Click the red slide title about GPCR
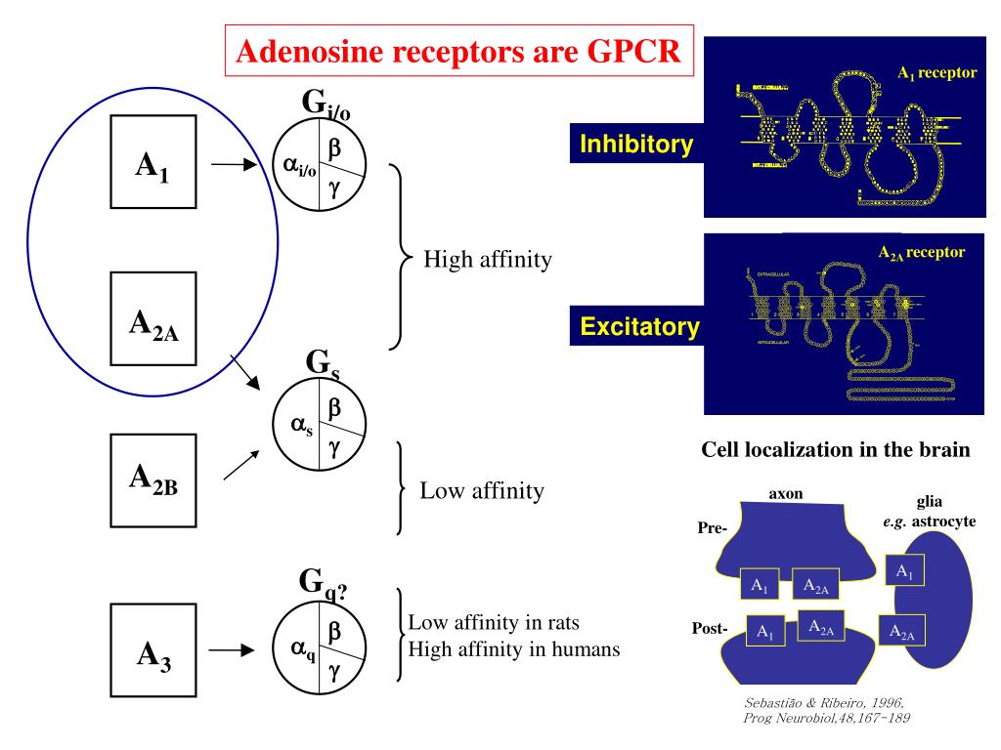tap(459, 52)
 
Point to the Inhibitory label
tap(636, 146)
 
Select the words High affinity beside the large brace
tap(487, 261)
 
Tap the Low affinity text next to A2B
tap(481, 489)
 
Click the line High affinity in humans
tap(513, 647)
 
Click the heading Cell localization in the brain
tap(837, 451)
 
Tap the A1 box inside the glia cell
tap(904, 571)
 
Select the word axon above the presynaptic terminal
tap(786, 494)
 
